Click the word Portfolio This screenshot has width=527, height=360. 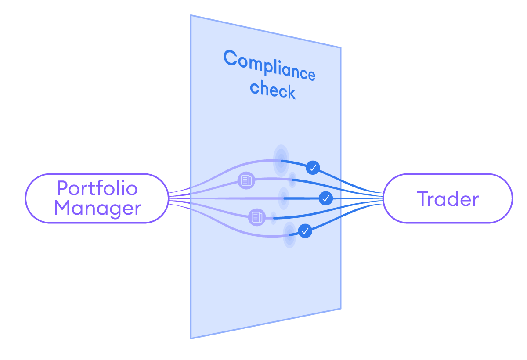[x=97, y=188]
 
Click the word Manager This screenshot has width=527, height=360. [x=97, y=208]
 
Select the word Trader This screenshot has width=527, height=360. [x=448, y=199]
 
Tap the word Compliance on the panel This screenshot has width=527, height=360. [x=269, y=65]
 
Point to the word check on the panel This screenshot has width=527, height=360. [x=273, y=90]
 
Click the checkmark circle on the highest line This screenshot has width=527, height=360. [x=313, y=167]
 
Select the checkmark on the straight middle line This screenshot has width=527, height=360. [x=325, y=198]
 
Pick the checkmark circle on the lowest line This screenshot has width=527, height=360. [x=305, y=230]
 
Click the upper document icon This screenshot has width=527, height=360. [x=246, y=180]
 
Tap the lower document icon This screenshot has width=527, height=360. [x=257, y=217]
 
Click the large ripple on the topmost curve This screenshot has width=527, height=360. [x=281, y=160]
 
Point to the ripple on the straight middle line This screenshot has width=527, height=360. [x=284, y=198]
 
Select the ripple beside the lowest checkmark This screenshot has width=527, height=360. [x=289, y=234]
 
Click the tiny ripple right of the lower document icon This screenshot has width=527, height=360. [x=273, y=218]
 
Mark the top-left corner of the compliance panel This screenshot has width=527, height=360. [x=191, y=16]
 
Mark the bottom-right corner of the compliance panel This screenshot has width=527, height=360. [x=341, y=308]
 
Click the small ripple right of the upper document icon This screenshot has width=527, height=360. [x=292, y=179]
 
